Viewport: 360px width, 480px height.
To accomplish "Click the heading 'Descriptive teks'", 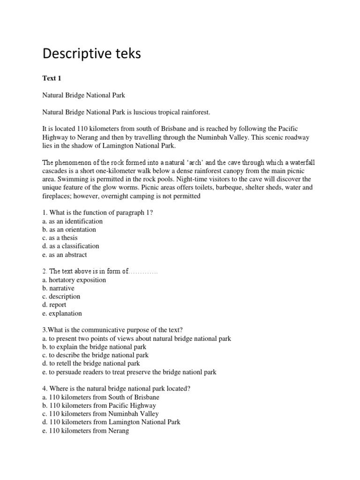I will point(91,54).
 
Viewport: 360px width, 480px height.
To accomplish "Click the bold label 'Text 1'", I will point(52,78).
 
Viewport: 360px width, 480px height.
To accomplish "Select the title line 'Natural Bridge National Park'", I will point(84,95).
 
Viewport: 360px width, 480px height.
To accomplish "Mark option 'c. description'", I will point(61,296).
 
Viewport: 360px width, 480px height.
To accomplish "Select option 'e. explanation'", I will point(62,313).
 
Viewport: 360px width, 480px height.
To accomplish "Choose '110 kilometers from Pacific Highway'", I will point(99,405).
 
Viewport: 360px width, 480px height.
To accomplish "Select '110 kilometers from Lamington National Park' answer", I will point(111,422).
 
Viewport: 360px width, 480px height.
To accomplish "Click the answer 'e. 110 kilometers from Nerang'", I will point(85,431).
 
